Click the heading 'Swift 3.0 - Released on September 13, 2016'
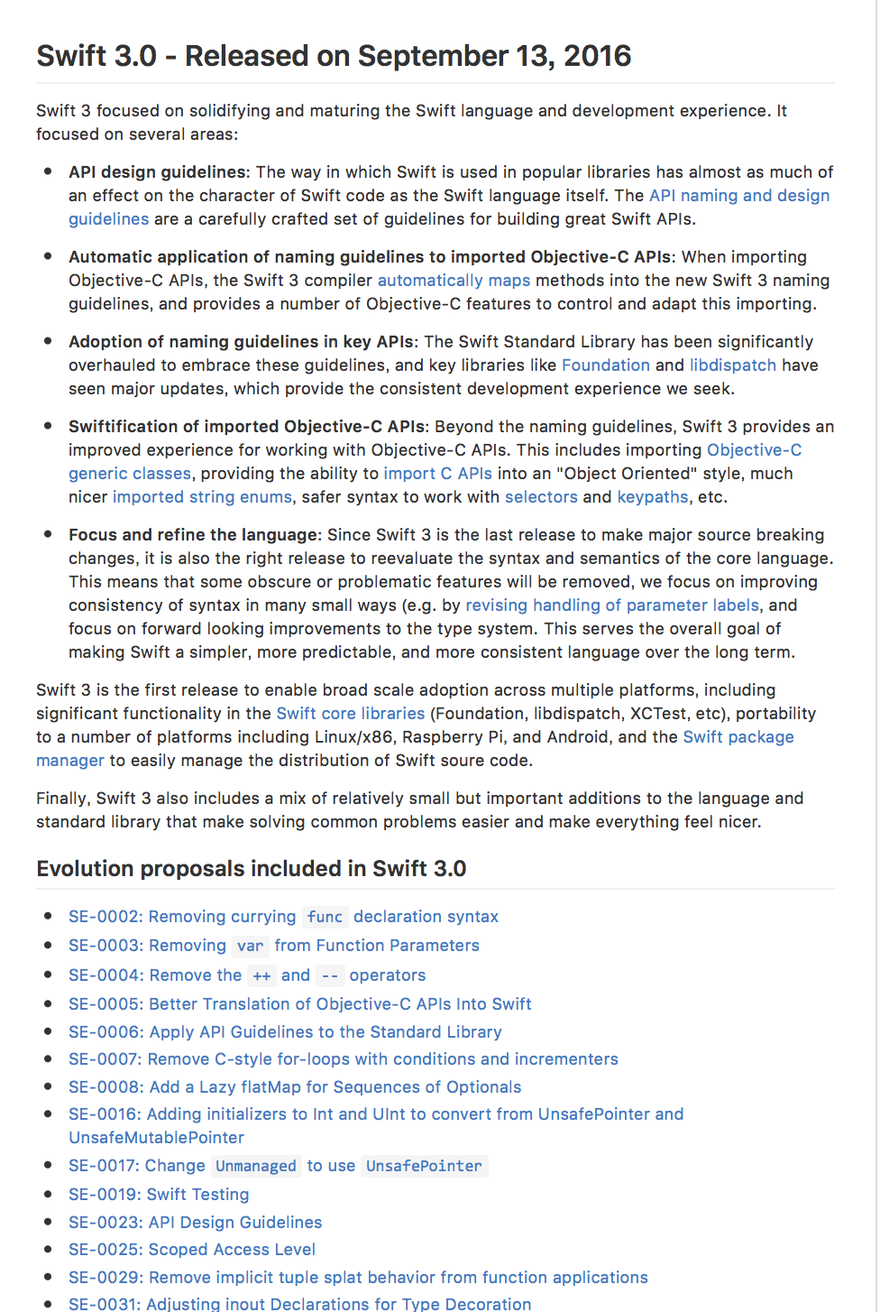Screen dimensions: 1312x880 point(334,56)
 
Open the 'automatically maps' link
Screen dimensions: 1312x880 point(454,281)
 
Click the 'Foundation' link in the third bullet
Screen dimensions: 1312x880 point(605,365)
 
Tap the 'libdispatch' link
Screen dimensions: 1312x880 point(732,365)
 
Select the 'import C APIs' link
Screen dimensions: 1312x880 point(437,474)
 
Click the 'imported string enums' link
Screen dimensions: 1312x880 point(202,497)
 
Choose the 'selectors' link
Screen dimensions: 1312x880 point(541,497)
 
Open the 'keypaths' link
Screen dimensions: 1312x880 point(652,497)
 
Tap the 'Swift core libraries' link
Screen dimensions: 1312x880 point(350,714)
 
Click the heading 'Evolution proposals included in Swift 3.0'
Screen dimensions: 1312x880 point(251,869)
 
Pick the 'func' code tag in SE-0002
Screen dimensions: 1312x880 point(325,918)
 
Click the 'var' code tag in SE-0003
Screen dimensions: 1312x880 point(250,947)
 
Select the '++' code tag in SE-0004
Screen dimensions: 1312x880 point(261,976)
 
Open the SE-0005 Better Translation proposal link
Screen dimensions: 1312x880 point(299,1004)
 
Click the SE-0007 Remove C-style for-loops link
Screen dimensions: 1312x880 point(343,1059)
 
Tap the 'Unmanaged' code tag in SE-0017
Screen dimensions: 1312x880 point(256,1167)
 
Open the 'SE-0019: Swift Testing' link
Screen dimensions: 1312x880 point(159,1195)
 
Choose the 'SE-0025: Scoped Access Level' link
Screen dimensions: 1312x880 point(192,1250)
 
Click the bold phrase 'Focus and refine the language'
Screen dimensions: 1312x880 point(194,535)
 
